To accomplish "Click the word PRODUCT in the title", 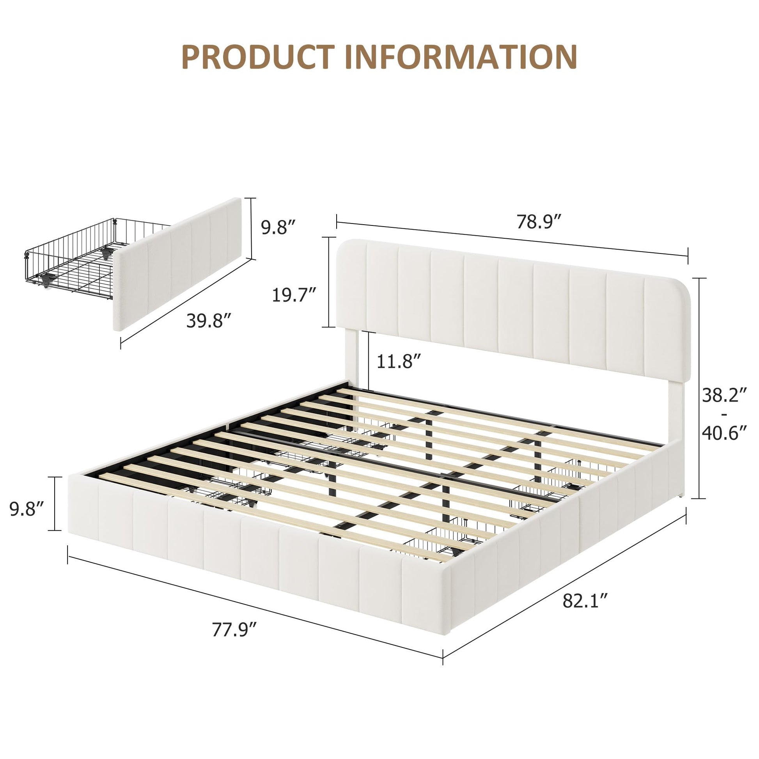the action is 259,57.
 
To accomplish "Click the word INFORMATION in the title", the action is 461,57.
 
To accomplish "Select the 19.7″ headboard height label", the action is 294,295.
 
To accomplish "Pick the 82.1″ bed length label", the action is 585,612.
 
